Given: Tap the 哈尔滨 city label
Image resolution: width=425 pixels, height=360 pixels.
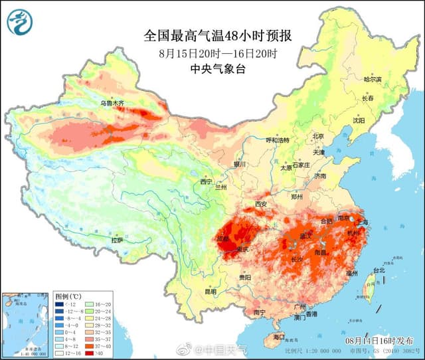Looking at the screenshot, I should coord(373,79).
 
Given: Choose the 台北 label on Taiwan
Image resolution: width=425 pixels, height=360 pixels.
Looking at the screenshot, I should coord(378,270).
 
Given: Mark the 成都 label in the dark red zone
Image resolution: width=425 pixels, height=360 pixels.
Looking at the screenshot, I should coord(222,238).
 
